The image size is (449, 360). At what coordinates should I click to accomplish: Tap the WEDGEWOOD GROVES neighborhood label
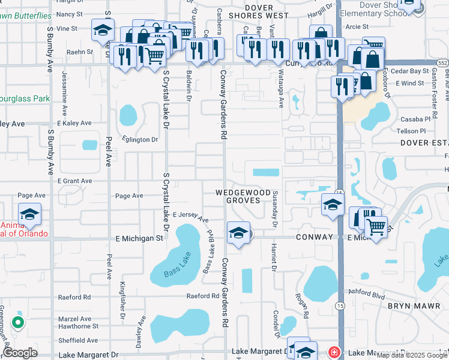tap(243, 196)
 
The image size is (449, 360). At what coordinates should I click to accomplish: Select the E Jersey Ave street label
tap(190, 217)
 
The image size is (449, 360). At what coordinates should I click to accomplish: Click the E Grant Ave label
tap(75, 181)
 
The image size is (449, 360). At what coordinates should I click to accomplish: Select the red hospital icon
tap(334, 352)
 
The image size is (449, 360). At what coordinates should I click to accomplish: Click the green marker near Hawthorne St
tap(18, 323)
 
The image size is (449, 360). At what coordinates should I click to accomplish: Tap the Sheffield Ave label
tap(74, 340)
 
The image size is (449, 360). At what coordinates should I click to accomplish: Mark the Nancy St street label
tap(70, 13)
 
